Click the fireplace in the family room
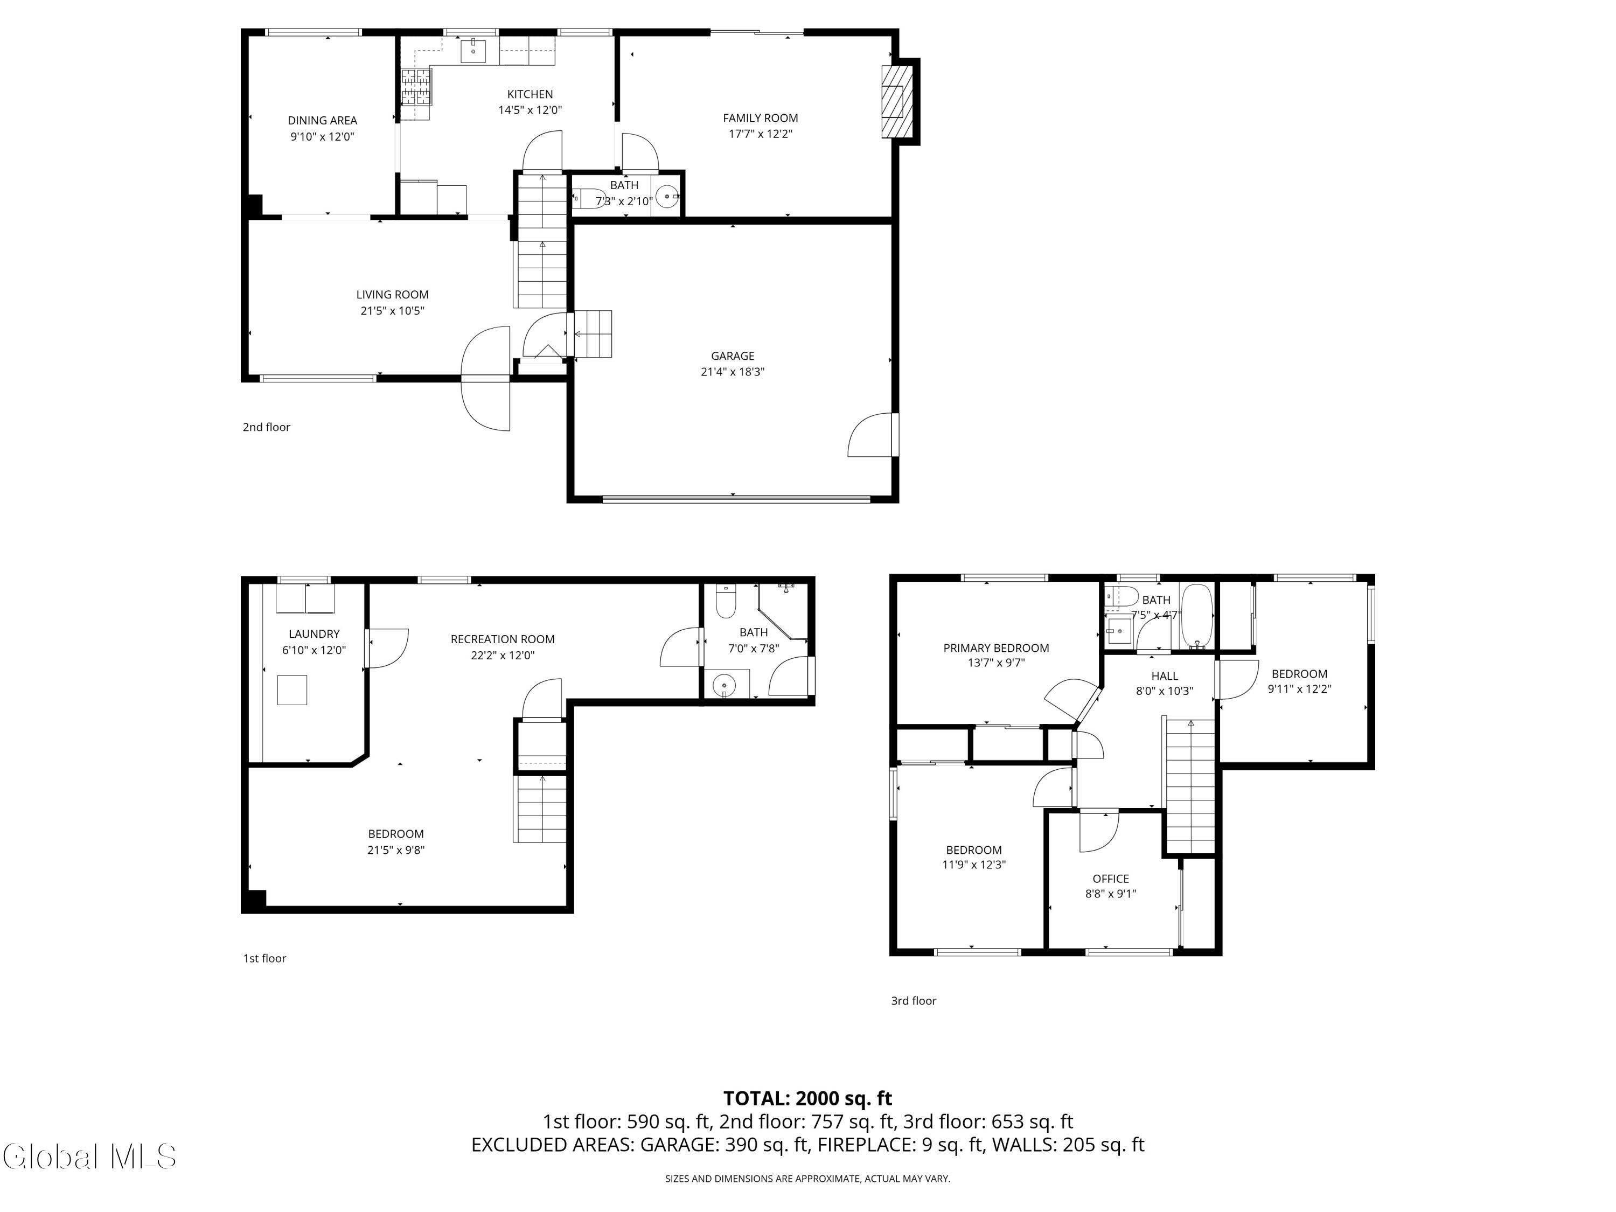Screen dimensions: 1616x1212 [897, 102]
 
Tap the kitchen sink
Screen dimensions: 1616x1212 [473, 51]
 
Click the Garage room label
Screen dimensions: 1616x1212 [733, 356]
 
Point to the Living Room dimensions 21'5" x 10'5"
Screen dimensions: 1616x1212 [392, 310]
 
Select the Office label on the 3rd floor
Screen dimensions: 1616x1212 [1110, 879]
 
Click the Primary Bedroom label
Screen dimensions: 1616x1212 [996, 648]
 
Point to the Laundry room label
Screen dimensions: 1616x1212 [314, 634]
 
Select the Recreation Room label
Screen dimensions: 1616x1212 [503, 639]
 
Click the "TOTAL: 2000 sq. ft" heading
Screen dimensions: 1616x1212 [807, 1098]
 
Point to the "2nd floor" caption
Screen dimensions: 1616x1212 [267, 427]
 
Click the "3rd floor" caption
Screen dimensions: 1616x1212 [913, 1001]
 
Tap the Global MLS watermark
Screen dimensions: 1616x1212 [89, 1157]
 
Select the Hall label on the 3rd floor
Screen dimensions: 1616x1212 [1165, 676]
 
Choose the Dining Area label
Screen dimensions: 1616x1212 [322, 121]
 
